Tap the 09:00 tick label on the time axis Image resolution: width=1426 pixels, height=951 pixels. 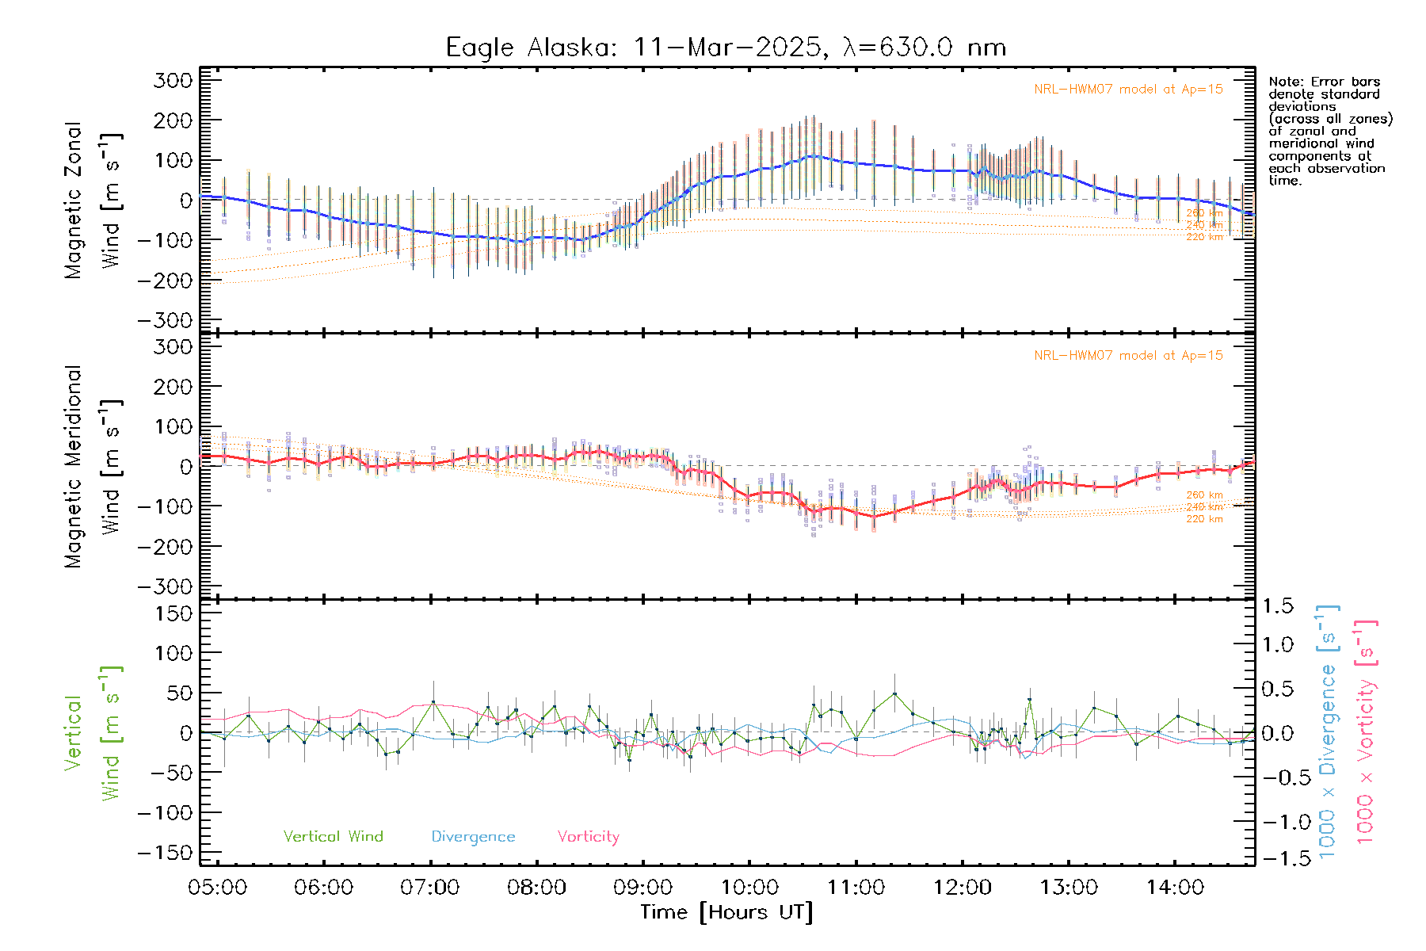[642, 888]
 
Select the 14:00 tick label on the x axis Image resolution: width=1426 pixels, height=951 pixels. [1175, 888]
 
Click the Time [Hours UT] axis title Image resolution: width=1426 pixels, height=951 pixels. [726, 912]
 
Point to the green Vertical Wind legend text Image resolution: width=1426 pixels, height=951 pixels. [333, 837]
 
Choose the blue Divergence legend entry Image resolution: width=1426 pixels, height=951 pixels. [473, 837]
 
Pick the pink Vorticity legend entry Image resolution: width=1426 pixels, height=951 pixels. [588, 837]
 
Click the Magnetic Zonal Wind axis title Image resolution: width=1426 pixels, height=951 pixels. [93, 201]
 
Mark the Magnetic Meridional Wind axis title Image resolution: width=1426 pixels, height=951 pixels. [93, 467]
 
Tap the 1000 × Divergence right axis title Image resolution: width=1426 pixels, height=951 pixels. [1328, 732]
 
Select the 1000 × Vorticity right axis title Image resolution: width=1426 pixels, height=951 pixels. [1365, 732]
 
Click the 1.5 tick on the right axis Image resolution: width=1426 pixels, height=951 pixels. [1278, 606]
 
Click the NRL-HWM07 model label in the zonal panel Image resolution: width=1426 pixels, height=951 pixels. [1128, 90]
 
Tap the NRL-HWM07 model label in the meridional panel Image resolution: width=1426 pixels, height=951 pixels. [1128, 356]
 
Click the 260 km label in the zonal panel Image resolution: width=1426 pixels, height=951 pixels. [1204, 213]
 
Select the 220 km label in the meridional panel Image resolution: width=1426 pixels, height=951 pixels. [1204, 519]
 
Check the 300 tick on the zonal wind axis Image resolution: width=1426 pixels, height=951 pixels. [173, 81]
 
